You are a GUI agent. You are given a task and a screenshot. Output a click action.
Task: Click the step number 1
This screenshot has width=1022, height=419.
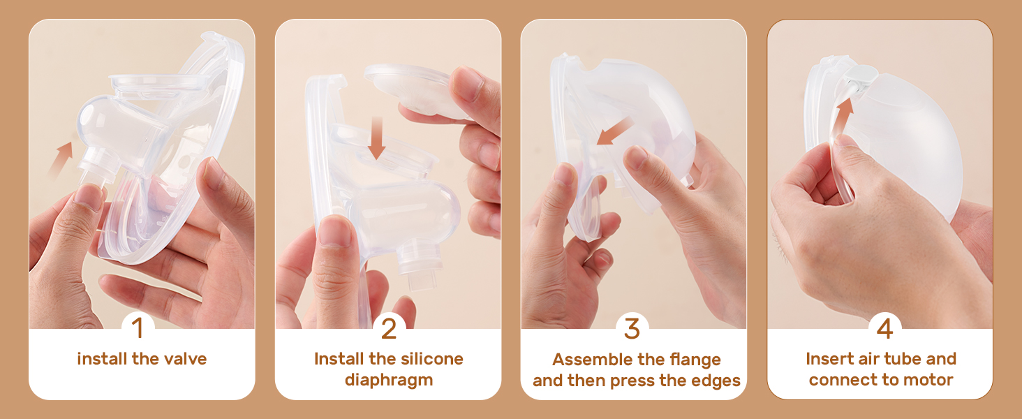(x=138, y=328)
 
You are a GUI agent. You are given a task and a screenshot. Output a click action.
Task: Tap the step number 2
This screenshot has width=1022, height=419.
(x=389, y=329)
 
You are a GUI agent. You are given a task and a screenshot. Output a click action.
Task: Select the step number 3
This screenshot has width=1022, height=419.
(x=632, y=329)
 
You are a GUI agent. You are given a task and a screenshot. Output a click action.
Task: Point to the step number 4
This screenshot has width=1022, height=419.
(x=884, y=329)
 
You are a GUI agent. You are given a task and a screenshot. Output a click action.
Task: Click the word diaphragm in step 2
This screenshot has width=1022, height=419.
(x=389, y=380)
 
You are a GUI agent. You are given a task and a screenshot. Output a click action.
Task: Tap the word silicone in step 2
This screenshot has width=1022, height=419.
(x=431, y=359)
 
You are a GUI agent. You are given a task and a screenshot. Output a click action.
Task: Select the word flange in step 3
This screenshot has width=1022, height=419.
(x=695, y=360)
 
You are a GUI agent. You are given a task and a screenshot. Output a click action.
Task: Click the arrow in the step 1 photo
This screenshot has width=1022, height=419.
(x=61, y=158)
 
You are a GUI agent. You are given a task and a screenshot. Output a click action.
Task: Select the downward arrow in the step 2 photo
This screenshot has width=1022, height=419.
(x=377, y=138)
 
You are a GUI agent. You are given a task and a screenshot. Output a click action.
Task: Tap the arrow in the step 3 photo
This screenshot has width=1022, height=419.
(x=614, y=131)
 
